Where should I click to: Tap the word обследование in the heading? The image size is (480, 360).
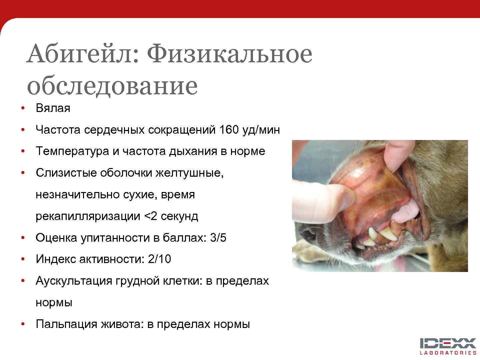112,86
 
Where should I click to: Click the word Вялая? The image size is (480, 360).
53,108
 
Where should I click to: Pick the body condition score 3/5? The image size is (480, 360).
218,238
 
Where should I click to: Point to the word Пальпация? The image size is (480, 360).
66,324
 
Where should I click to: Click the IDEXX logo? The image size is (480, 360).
448,343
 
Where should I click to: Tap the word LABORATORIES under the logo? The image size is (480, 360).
448,353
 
